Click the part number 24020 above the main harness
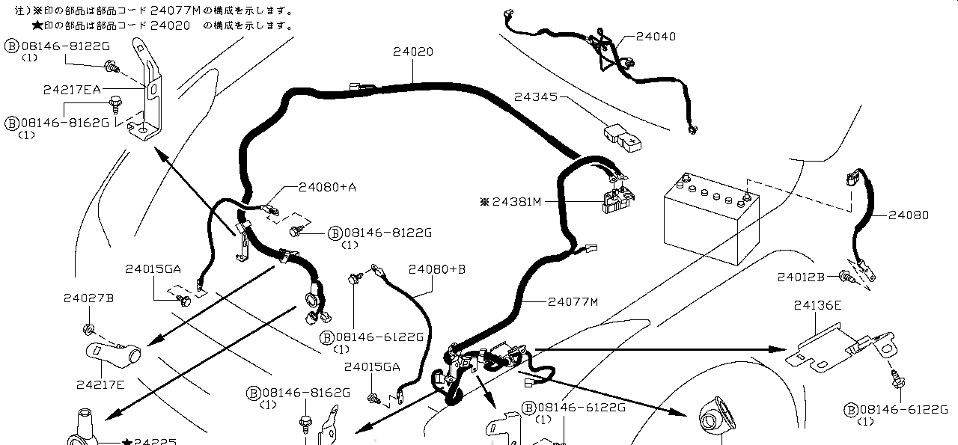(x=413, y=52)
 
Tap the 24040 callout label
(x=656, y=37)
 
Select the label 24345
(x=536, y=97)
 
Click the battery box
(x=711, y=218)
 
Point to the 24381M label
(x=516, y=201)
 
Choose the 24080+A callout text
(x=327, y=187)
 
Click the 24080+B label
(x=436, y=269)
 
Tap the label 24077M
(x=573, y=302)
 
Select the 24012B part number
(x=801, y=277)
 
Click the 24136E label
(x=818, y=305)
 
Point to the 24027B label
(x=88, y=298)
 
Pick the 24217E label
(x=100, y=384)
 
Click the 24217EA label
(x=72, y=89)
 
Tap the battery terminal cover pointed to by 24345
(x=623, y=138)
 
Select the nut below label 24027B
(x=88, y=329)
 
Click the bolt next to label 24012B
(x=846, y=277)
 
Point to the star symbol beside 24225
(x=126, y=441)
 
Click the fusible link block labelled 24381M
(x=618, y=200)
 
